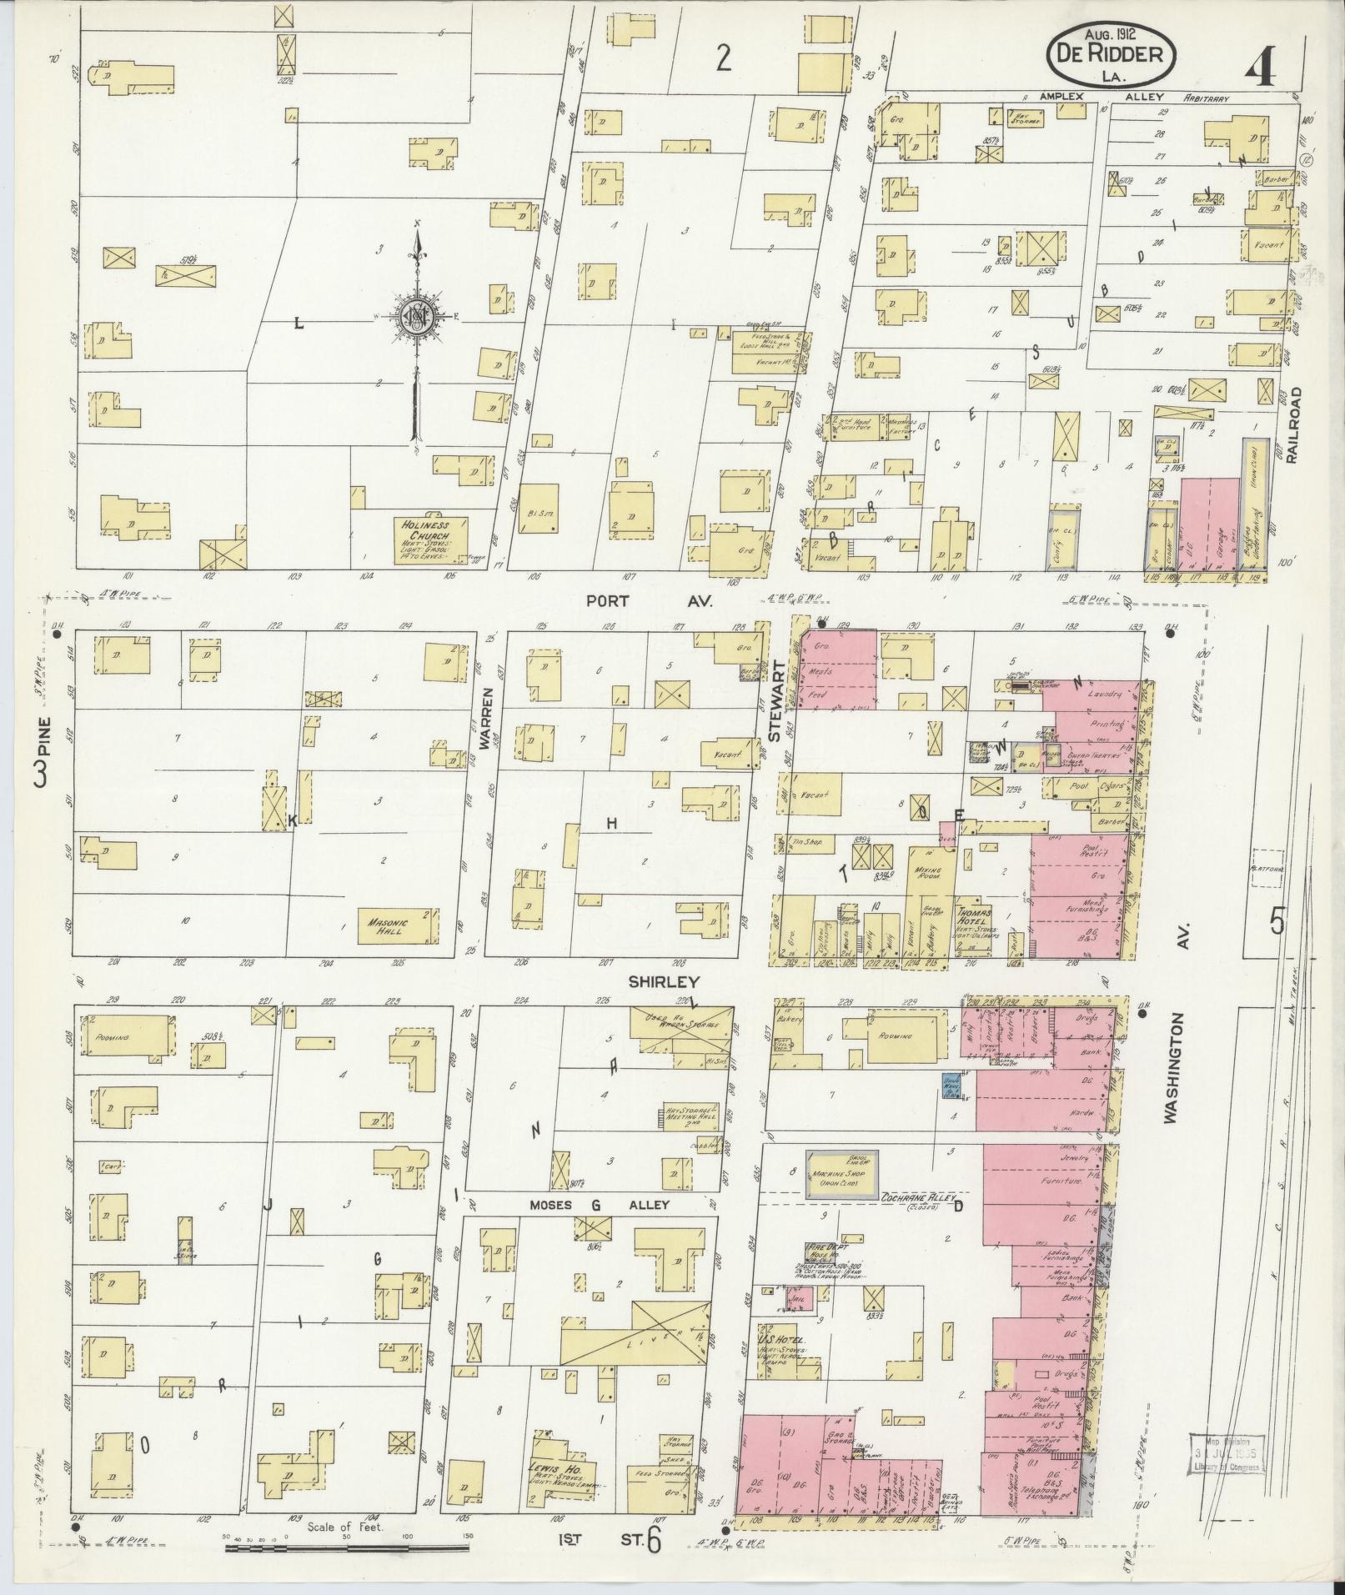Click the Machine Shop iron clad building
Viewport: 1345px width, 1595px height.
tap(841, 1176)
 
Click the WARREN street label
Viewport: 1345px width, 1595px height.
tap(487, 720)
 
